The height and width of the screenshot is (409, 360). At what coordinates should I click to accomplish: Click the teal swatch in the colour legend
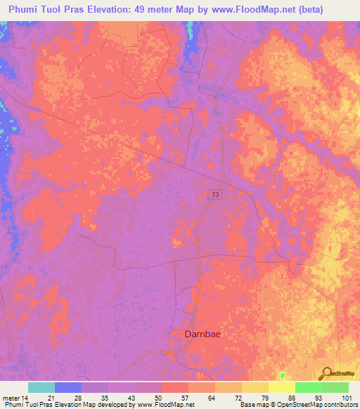[41, 387]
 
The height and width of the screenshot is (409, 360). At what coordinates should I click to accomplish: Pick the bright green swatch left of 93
[309, 387]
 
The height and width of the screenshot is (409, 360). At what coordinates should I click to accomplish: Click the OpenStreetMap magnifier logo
[328, 372]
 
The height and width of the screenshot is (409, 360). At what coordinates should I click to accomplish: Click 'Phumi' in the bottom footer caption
[12, 405]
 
